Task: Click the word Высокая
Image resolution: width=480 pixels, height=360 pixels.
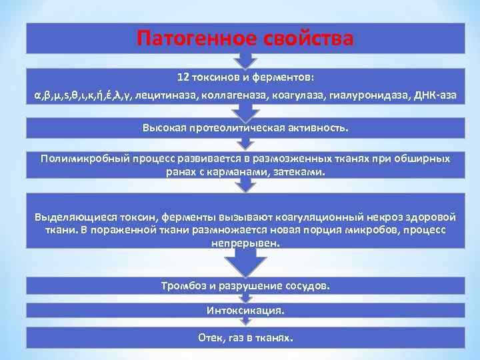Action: coord(164,127)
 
